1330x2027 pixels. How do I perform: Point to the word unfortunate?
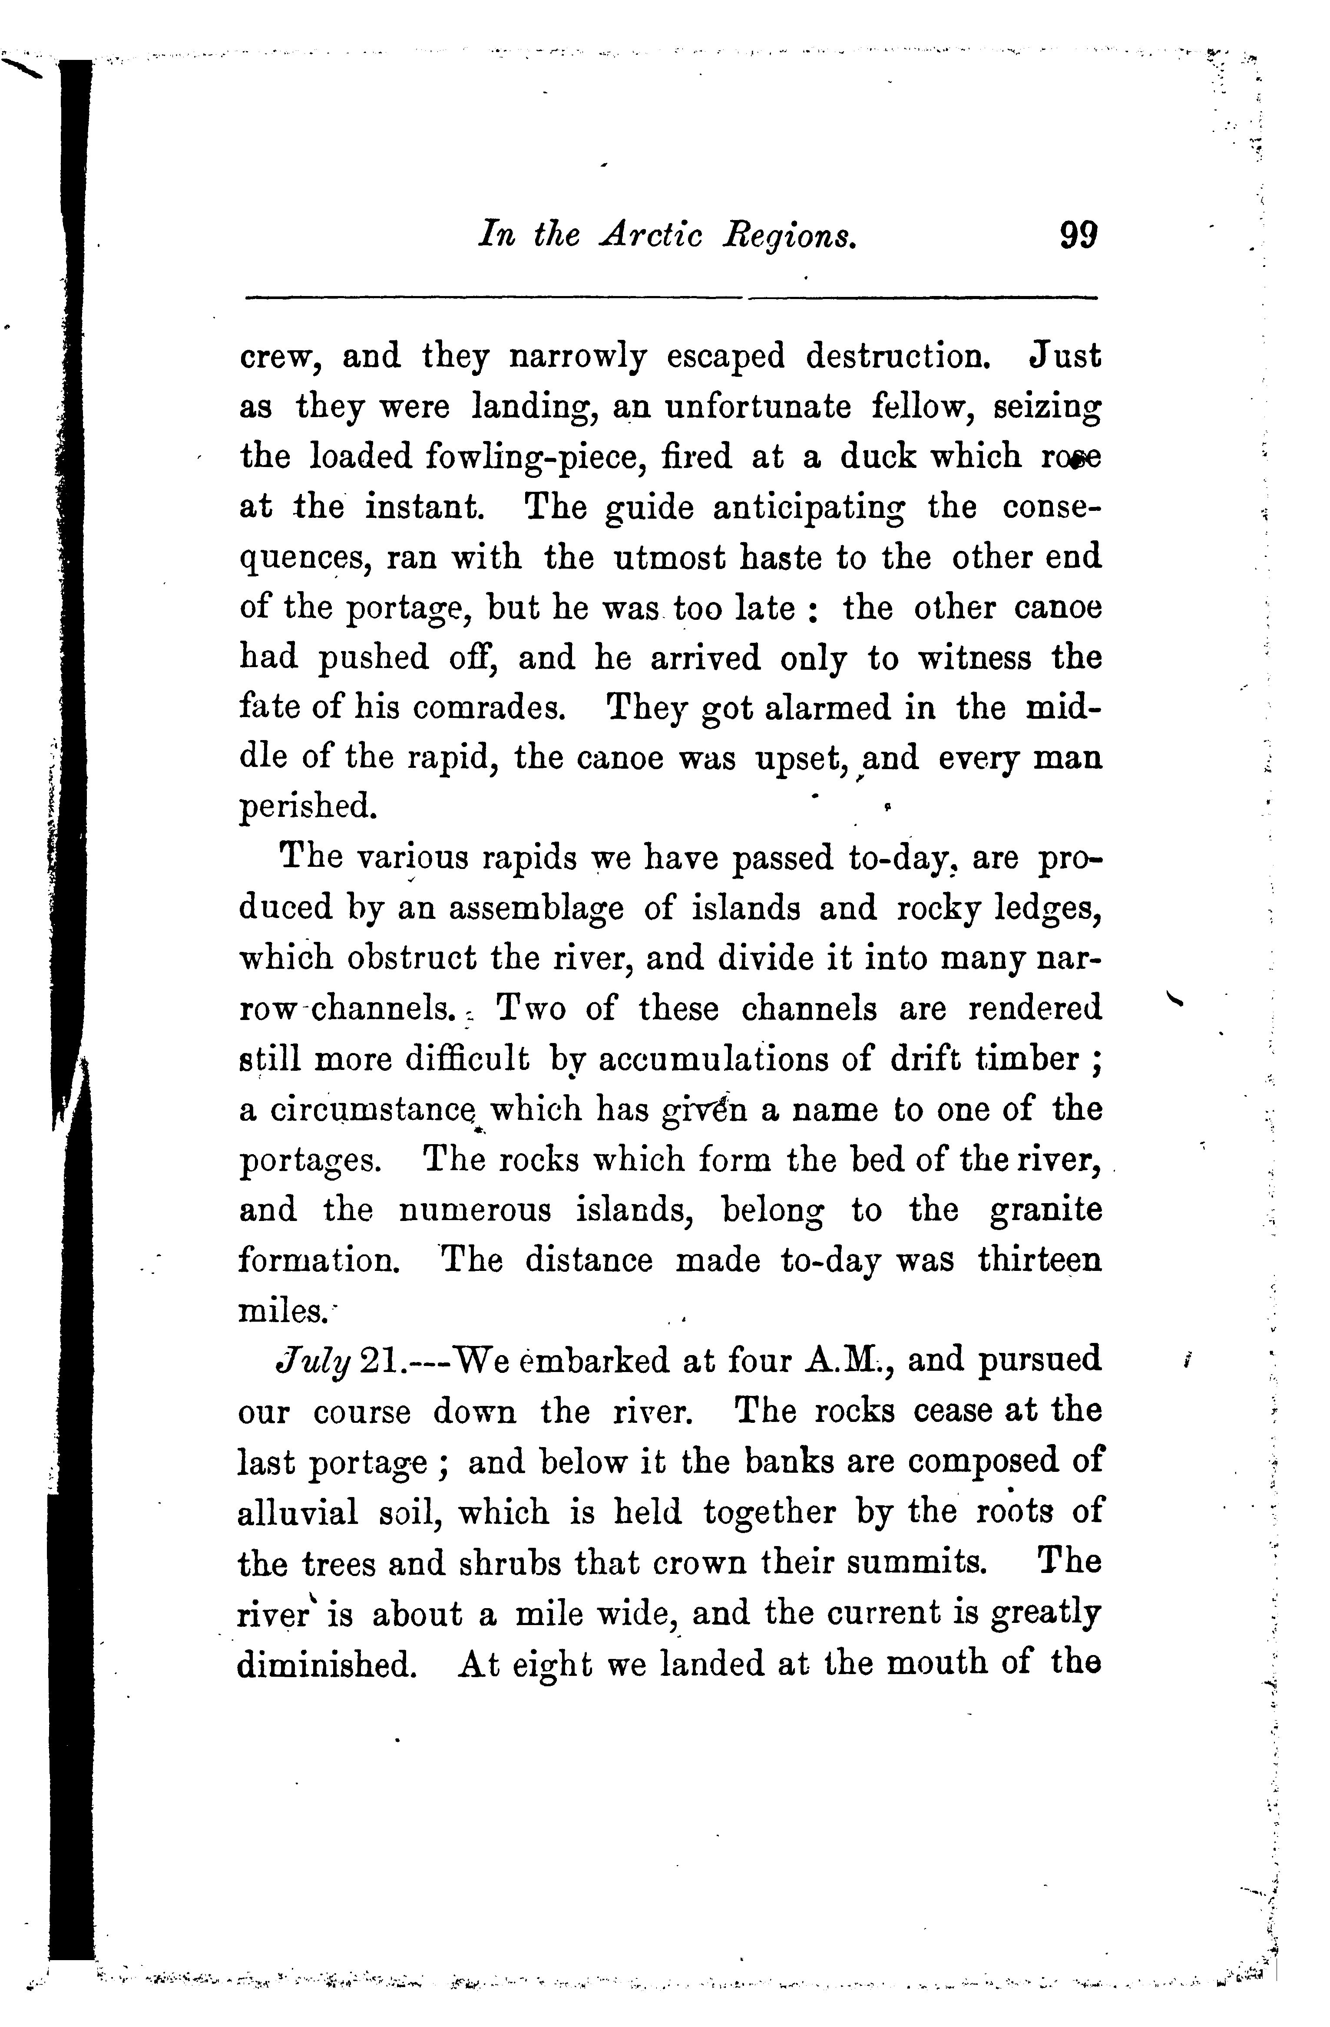pos(758,407)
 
